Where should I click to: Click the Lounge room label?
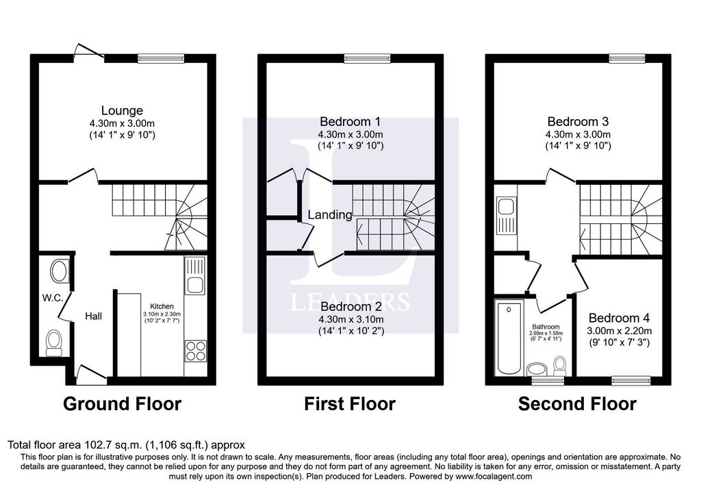click(x=122, y=110)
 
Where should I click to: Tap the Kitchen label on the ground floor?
click(x=162, y=306)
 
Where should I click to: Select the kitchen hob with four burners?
click(x=195, y=351)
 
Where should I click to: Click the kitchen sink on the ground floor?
click(x=195, y=275)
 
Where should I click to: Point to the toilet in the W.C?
click(x=55, y=343)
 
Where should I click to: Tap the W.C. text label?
click(x=53, y=298)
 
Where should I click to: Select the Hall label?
click(x=93, y=316)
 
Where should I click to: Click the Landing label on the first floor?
click(x=330, y=214)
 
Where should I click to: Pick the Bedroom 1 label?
click(x=350, y=122)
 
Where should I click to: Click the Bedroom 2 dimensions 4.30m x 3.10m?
click(x=351, y=319)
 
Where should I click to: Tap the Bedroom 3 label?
click(x=578, y=122)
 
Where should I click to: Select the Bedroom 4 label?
click(x=619, y=318)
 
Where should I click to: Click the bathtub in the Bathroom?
click(x=509, y=338)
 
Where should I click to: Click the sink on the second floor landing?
click(x=506, y=216)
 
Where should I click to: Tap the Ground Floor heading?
click(x=122, y=404)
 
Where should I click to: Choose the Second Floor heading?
click(x=577, y=404)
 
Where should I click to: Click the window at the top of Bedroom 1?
click(x=367, y=58)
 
